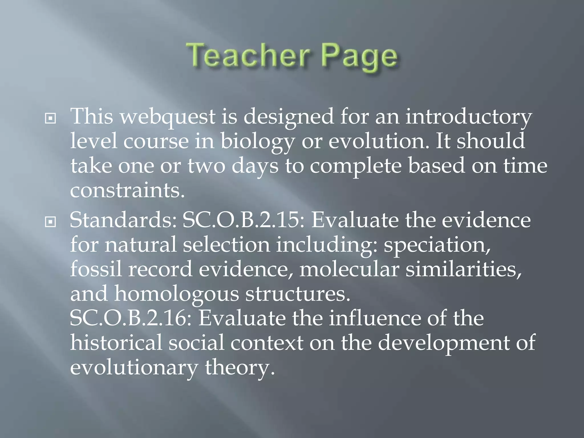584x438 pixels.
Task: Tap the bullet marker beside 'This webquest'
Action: click(50, 118)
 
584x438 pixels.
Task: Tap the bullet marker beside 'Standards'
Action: click(50, 221)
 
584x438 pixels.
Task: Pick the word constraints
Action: click(127, 190)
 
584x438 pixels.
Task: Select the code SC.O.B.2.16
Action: click(131, 319)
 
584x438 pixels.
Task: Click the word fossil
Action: click(96, 269)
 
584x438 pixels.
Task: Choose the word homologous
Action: click(177, 294)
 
